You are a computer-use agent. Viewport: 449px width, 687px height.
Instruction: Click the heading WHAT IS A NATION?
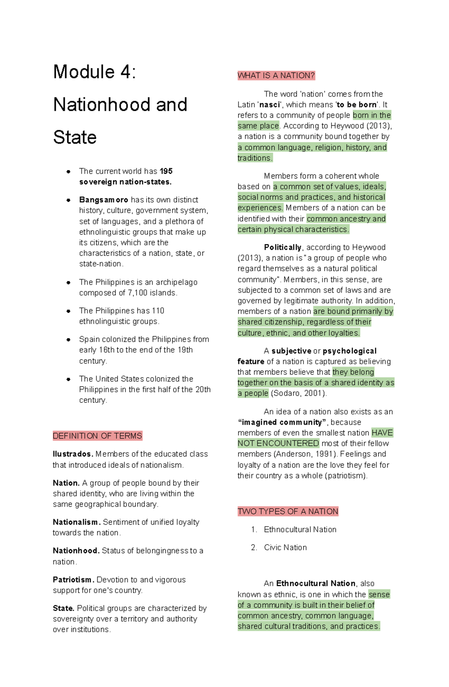coord(276,76)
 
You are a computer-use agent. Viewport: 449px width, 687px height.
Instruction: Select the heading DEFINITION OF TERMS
coord(97,436)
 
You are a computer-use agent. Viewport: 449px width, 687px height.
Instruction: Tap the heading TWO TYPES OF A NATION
coord(288,511)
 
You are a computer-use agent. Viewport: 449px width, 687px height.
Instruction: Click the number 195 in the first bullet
coord(166,171)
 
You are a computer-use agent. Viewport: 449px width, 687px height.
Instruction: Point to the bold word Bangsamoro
coord(104,200)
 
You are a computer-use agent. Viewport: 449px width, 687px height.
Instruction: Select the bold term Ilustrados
coord(73,454)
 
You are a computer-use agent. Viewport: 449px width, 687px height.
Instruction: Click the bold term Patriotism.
coord(73,580)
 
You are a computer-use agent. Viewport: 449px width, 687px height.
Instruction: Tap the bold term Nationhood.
coord(76,551)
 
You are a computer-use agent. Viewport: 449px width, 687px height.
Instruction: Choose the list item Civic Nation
coord(285,547)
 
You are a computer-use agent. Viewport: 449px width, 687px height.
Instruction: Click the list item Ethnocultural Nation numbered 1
coord(300,529)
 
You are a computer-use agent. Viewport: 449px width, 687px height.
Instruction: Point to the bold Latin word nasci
coord(269,105)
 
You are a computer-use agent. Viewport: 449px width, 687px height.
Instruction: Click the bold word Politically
coord(282,247)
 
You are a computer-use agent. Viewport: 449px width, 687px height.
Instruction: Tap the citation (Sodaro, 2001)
coord(299,393)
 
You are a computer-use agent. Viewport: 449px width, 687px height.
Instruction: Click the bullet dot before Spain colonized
coord(68,340)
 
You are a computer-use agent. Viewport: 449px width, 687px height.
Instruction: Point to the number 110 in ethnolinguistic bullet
coord(158,311)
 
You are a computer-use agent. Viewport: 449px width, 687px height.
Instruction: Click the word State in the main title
coord(75,137)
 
